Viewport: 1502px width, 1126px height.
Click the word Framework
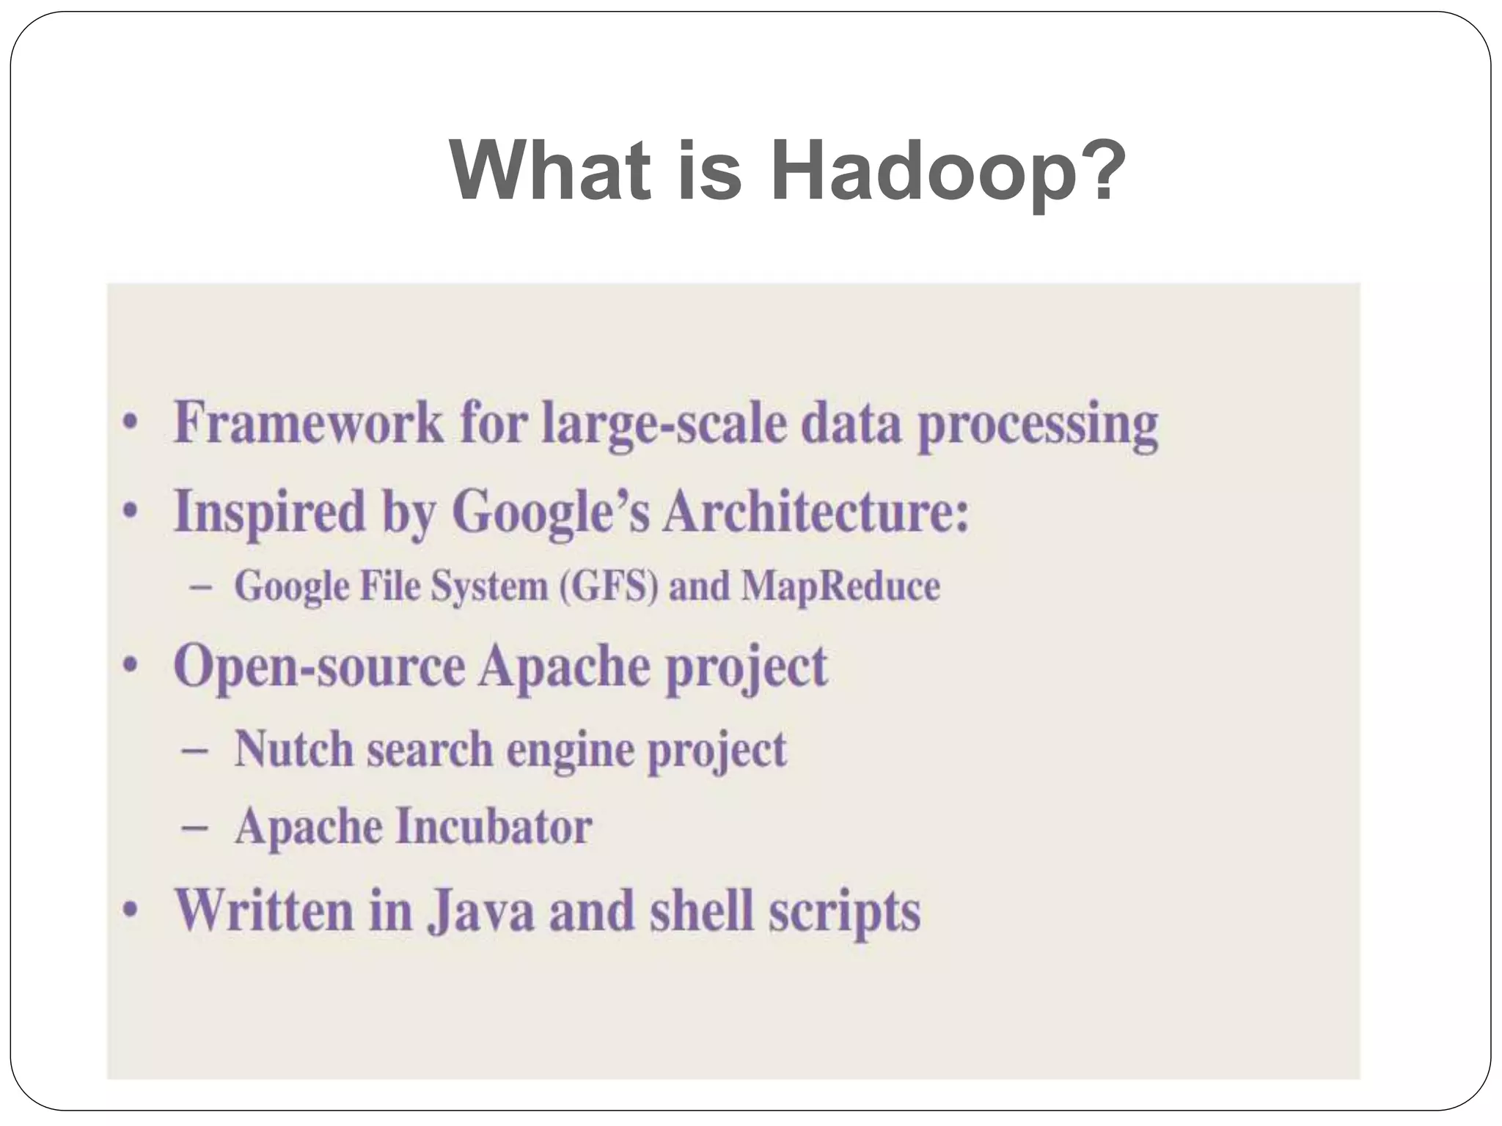tap(309, 423)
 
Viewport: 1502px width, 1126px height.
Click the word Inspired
tap(268, 511)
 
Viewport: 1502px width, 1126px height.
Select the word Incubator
tap(494, 827)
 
